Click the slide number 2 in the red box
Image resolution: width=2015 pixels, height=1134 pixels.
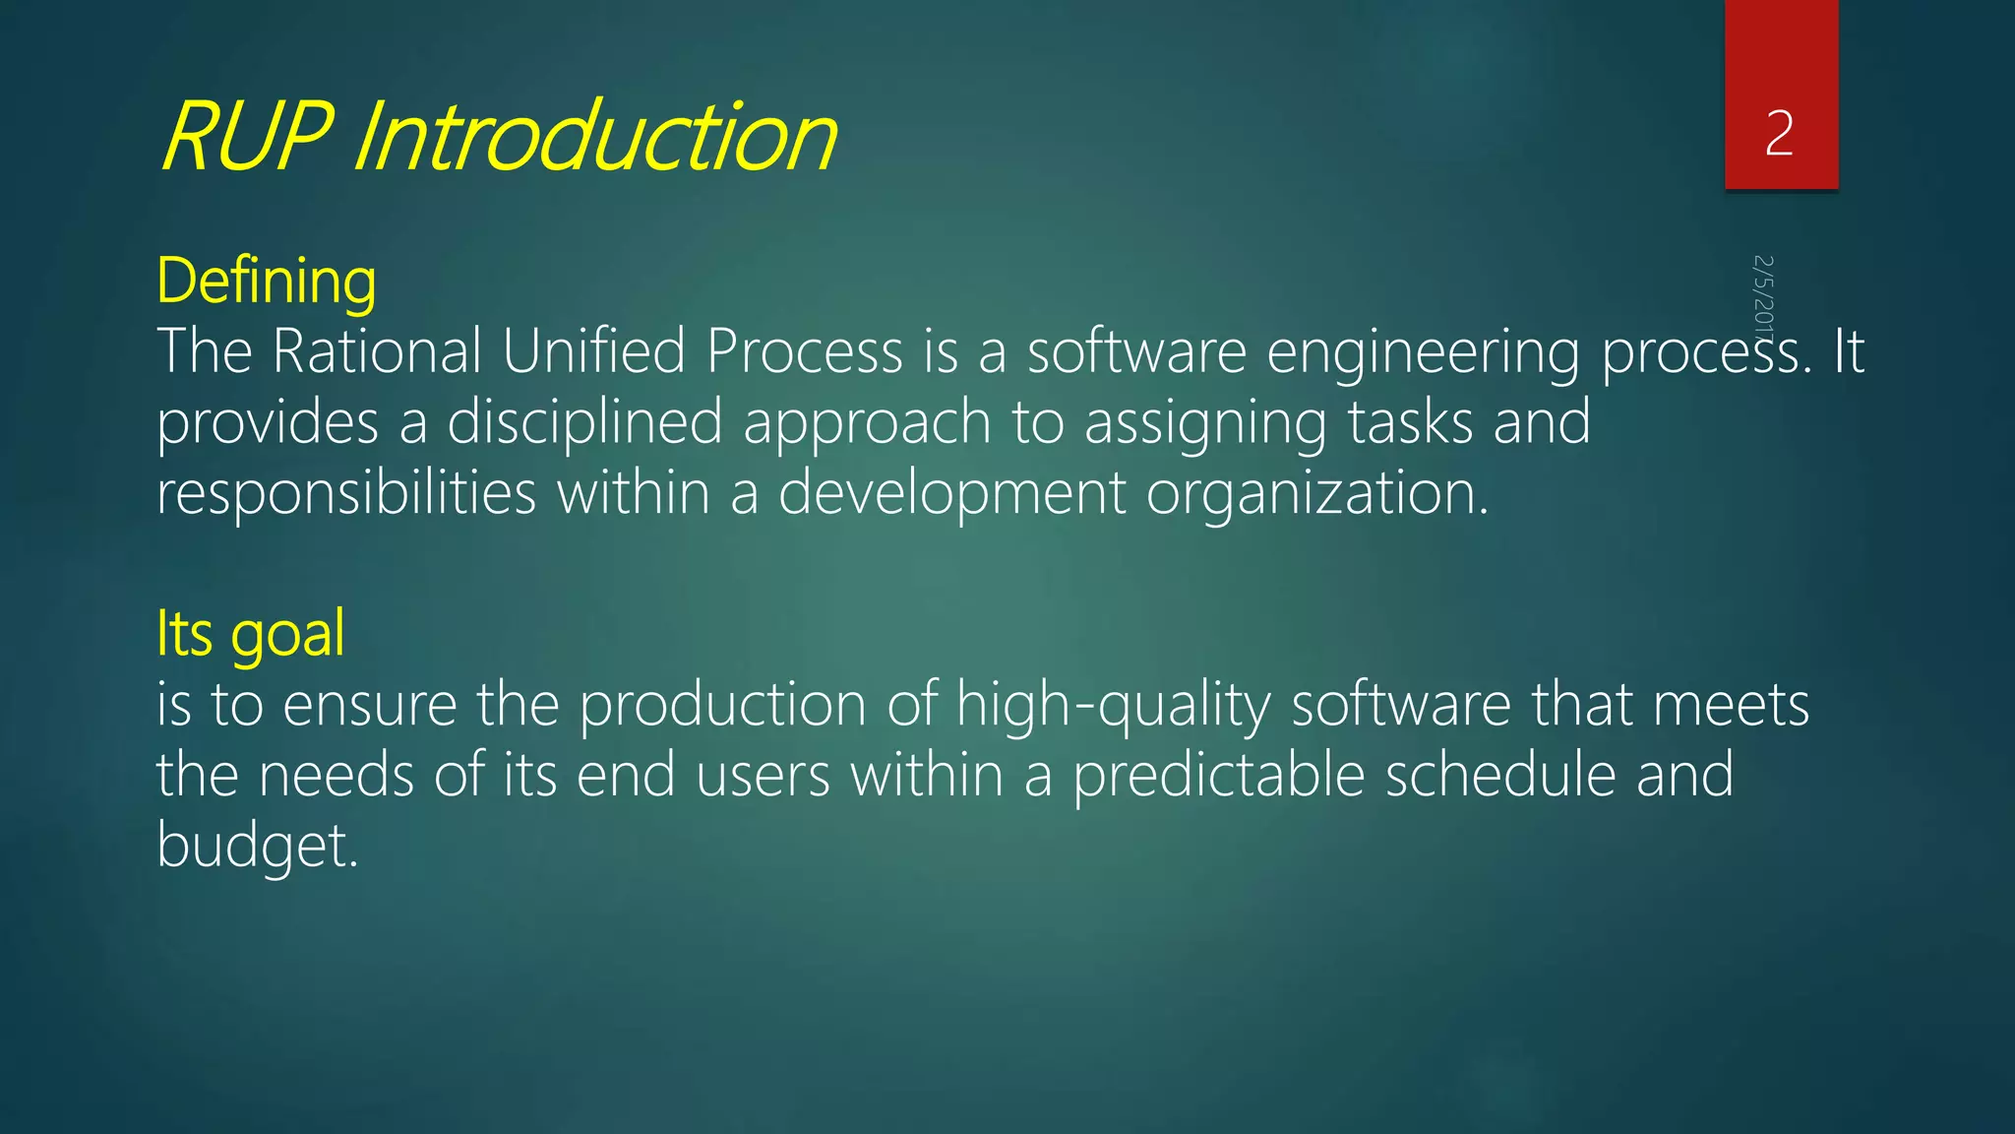click(1779, 134)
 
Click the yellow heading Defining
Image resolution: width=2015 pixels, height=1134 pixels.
click(267, 282)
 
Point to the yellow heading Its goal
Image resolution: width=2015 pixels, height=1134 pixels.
click(251, 634)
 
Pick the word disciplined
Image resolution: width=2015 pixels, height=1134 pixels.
click(584, 423)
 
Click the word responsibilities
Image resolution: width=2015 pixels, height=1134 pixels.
click(346, 494)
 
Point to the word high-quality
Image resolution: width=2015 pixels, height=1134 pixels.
click(1113, 707)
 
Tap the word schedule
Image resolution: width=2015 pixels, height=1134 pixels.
click(1499, 776)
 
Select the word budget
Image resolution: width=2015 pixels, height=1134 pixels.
click(257, 847)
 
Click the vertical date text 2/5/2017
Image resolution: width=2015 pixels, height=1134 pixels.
click(1763, 295)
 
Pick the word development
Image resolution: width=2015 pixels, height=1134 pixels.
click(951, 494)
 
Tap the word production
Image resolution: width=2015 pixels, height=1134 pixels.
click(722, 707)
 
